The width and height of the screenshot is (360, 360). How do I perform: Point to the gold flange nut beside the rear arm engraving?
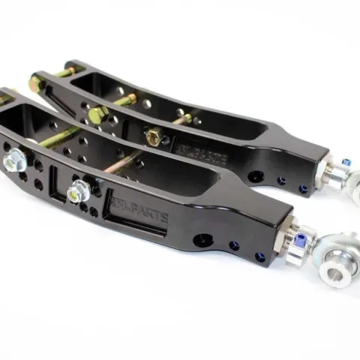[154, 136]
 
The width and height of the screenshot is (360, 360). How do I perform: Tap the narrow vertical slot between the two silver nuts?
[55, 179]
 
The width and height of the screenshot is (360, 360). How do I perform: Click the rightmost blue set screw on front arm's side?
[259, 256]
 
